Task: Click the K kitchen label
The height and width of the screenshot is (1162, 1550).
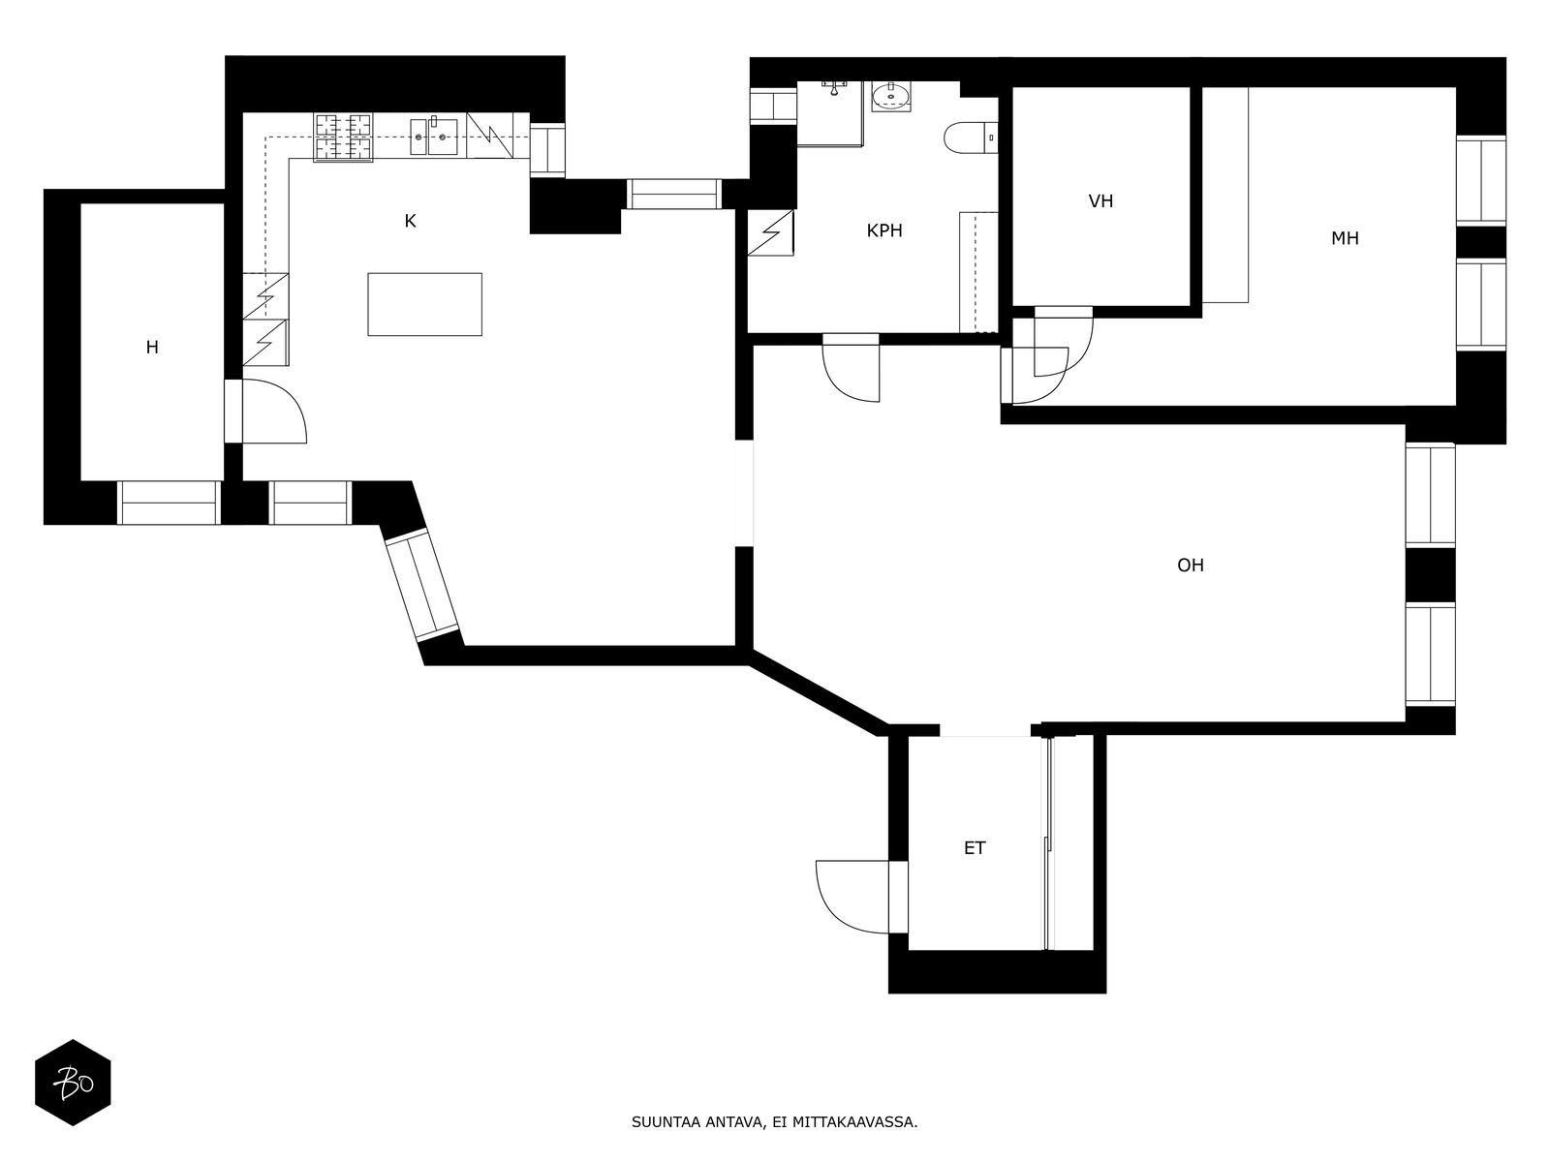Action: pyautogui.click(x=410, y=222)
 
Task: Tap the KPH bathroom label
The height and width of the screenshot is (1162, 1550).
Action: pyautogui.click(x=884, y=230)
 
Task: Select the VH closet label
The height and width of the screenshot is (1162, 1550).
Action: pyautogui.click(x=1100, y=201)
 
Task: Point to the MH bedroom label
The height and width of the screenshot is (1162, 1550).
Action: pyautogui.click(x=1345, y=238)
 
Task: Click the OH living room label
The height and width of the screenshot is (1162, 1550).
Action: pyautogui.click(x=1191, y=566)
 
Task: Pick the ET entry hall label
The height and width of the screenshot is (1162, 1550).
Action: pyautogui.click(x=975, y=848)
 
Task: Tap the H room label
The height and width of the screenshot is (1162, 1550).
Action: pyautogui.click(x=152, y=347)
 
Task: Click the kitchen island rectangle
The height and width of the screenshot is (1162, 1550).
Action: pyautogui.click(x=424, y=304)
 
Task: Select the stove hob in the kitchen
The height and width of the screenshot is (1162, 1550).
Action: pyautogui.click(x=343, y=137)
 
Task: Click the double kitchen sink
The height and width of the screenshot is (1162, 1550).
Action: pyautogui.click(x=434, y=137)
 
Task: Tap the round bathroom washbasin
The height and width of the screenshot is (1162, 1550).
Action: pyautogui.click(x=891, y=97)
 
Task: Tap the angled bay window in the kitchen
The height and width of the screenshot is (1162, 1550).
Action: pyautogui.click(x=420, y=585)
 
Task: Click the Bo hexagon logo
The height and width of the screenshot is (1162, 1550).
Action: pyautogui.click(x=73, y=1083)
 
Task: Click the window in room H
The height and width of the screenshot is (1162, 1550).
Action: pyautogui.click(x=169, y=503)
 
